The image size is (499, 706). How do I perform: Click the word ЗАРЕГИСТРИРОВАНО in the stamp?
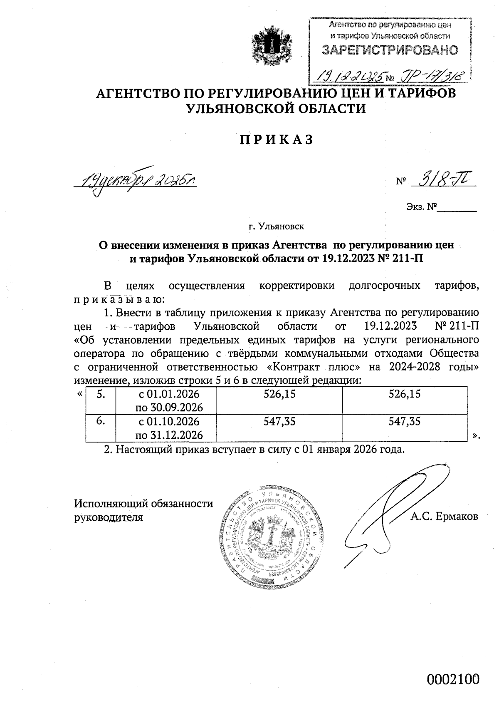point(390,50)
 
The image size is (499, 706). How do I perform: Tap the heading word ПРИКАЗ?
point(276,140)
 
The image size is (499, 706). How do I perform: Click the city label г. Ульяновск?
point(276,227)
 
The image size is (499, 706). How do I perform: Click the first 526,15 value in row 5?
point(279,394)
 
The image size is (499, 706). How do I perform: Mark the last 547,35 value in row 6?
point(404,421)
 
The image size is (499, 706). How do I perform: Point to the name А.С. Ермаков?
point(444,517)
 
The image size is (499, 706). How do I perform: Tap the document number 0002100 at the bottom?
point(453,680)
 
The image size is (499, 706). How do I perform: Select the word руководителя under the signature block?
point(108,517)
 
